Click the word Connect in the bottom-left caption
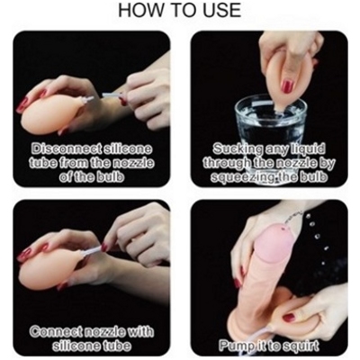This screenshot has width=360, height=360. [x=54, y=332]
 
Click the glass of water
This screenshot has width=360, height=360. [x=270, y=120]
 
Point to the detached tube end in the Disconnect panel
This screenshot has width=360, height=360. [x=111, y=96]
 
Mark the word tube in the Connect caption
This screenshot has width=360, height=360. [x=116, y=346]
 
